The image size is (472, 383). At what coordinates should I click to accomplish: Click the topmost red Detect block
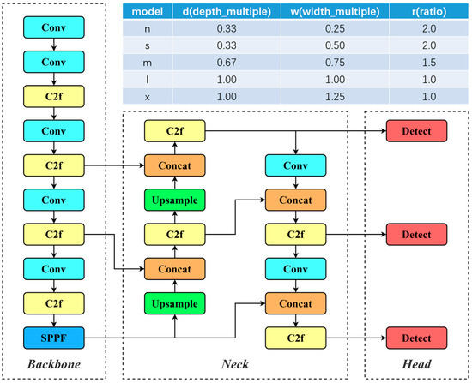[x=415, y=131]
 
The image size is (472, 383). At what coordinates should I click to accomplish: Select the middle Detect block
[x=415, y=233]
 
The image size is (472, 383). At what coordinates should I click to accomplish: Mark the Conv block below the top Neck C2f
[x=296, y=165]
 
